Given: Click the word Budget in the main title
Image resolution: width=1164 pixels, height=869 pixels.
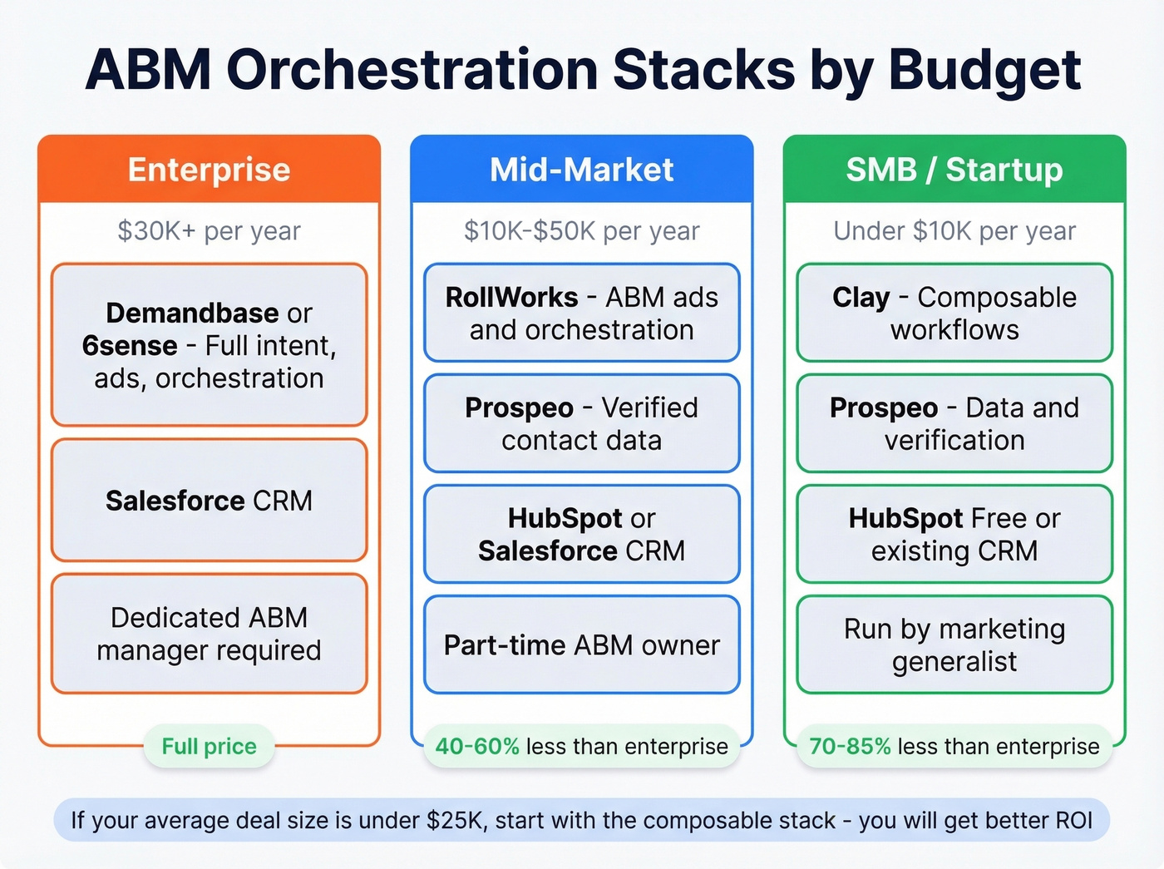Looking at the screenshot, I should click(984, 70).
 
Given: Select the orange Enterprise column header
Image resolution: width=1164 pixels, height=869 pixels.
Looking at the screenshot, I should click(209, 170).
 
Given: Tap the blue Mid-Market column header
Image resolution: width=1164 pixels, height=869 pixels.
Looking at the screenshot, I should click(581, 170).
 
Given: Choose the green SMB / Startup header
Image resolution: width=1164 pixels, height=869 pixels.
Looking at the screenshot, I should click(954, 170).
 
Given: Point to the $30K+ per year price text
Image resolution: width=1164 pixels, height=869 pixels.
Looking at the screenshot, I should click(209, 230).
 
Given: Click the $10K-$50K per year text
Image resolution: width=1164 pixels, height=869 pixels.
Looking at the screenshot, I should click(581, 230).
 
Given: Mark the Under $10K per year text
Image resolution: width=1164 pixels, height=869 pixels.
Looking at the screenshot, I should click(954, 230).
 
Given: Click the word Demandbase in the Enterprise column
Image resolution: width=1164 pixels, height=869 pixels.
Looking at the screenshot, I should click(192, 313).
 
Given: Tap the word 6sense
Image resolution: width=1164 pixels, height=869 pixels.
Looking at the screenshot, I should click(130, 345).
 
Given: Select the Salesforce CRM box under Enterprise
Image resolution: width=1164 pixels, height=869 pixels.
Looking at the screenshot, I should click(209, 501).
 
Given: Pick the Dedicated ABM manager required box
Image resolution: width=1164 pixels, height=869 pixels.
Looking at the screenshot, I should click(209, 634).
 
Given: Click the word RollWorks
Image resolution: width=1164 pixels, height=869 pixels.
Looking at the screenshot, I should click(511, 297).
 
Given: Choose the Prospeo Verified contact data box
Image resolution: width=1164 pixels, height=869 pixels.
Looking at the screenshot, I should click(581, 423).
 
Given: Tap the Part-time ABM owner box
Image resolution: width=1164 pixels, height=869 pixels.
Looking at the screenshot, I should click(581, 645).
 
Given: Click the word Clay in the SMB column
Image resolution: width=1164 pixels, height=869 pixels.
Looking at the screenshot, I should click(861, 297).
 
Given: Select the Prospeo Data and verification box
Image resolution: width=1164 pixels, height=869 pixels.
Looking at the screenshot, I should click(954, 423).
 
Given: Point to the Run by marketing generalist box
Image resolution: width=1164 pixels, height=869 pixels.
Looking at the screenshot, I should click(954, 645).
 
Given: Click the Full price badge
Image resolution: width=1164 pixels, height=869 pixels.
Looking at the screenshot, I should click(209, 746).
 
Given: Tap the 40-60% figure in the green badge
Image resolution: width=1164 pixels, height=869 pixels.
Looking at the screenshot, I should click(477, 746).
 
